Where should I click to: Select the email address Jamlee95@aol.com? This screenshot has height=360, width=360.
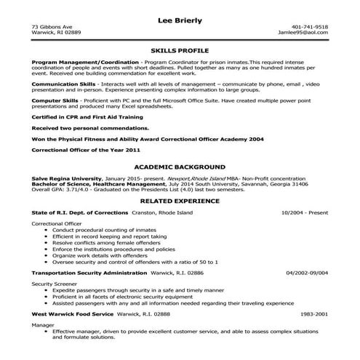(x=308, y=33)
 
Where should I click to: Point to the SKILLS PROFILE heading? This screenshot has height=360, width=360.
(x=180, y=52)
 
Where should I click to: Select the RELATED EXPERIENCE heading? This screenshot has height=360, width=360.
(x=180, y=221)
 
